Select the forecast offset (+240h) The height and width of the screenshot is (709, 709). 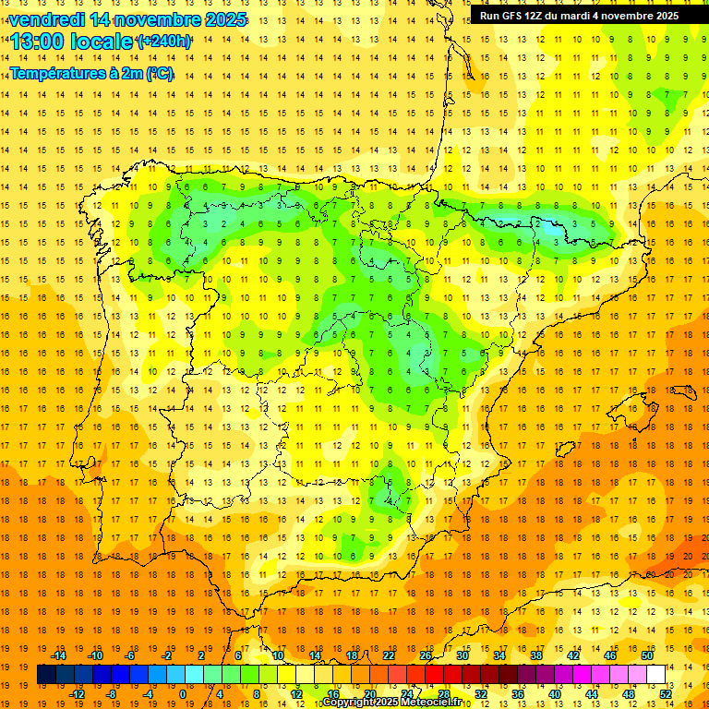[x=165, y=42]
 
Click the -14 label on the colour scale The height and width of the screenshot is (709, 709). [x=60, y=655]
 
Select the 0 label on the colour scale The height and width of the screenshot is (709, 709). [x=182, y=694]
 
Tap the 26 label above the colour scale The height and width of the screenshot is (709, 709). [x=425, y=655]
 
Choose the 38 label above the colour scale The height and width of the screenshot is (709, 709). [x=535, y=655]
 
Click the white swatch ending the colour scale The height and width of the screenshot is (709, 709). [x=655, y=674]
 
